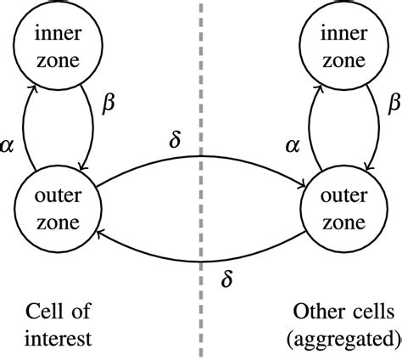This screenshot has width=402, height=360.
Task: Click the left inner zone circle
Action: (57, 49)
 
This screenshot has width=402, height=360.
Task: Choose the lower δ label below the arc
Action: (226, 274)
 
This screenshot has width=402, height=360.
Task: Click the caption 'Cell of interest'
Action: (58, 325)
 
